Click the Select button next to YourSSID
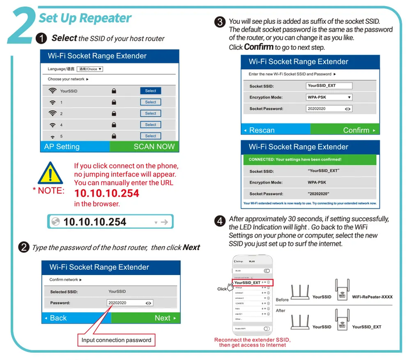[x=150, y=91]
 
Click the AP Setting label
[x=62, y=146]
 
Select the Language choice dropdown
[x=90, y=69]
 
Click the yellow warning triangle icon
[x=52, y=173]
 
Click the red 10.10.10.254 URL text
[x=107, y=193]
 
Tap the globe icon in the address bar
[x=55, y=222]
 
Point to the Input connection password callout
[x=116, y=340]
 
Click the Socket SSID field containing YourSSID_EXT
[x=329, y=86]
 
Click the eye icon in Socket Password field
[x=347, y=108]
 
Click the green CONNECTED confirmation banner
[x=311, y=160]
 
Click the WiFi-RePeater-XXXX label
[x=372, y=297]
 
